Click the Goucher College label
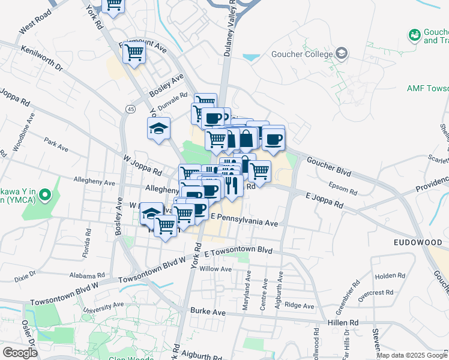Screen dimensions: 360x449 304,54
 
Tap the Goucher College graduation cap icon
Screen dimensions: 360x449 342,53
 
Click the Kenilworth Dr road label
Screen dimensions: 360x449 41,58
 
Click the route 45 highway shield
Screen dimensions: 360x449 130,109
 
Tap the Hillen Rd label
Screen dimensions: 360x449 343,323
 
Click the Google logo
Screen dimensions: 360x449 20,353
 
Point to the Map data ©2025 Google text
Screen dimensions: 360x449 411,355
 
